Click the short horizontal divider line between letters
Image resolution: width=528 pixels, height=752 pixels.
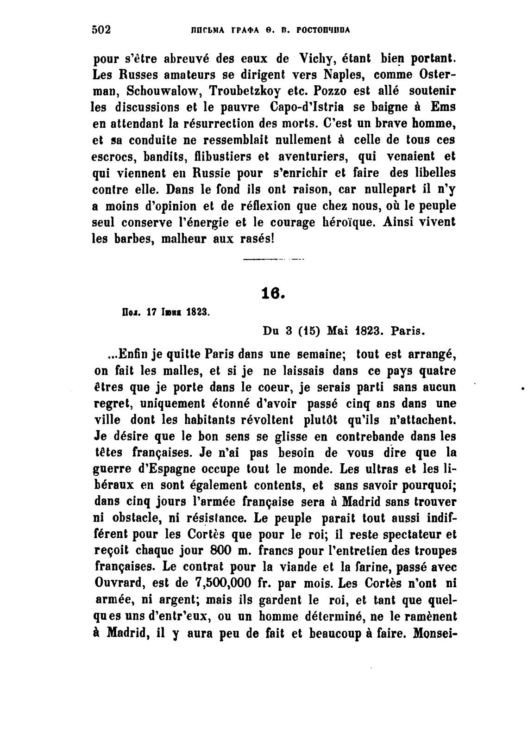coord(273,260)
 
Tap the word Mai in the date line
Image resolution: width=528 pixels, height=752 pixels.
coord(337,331)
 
